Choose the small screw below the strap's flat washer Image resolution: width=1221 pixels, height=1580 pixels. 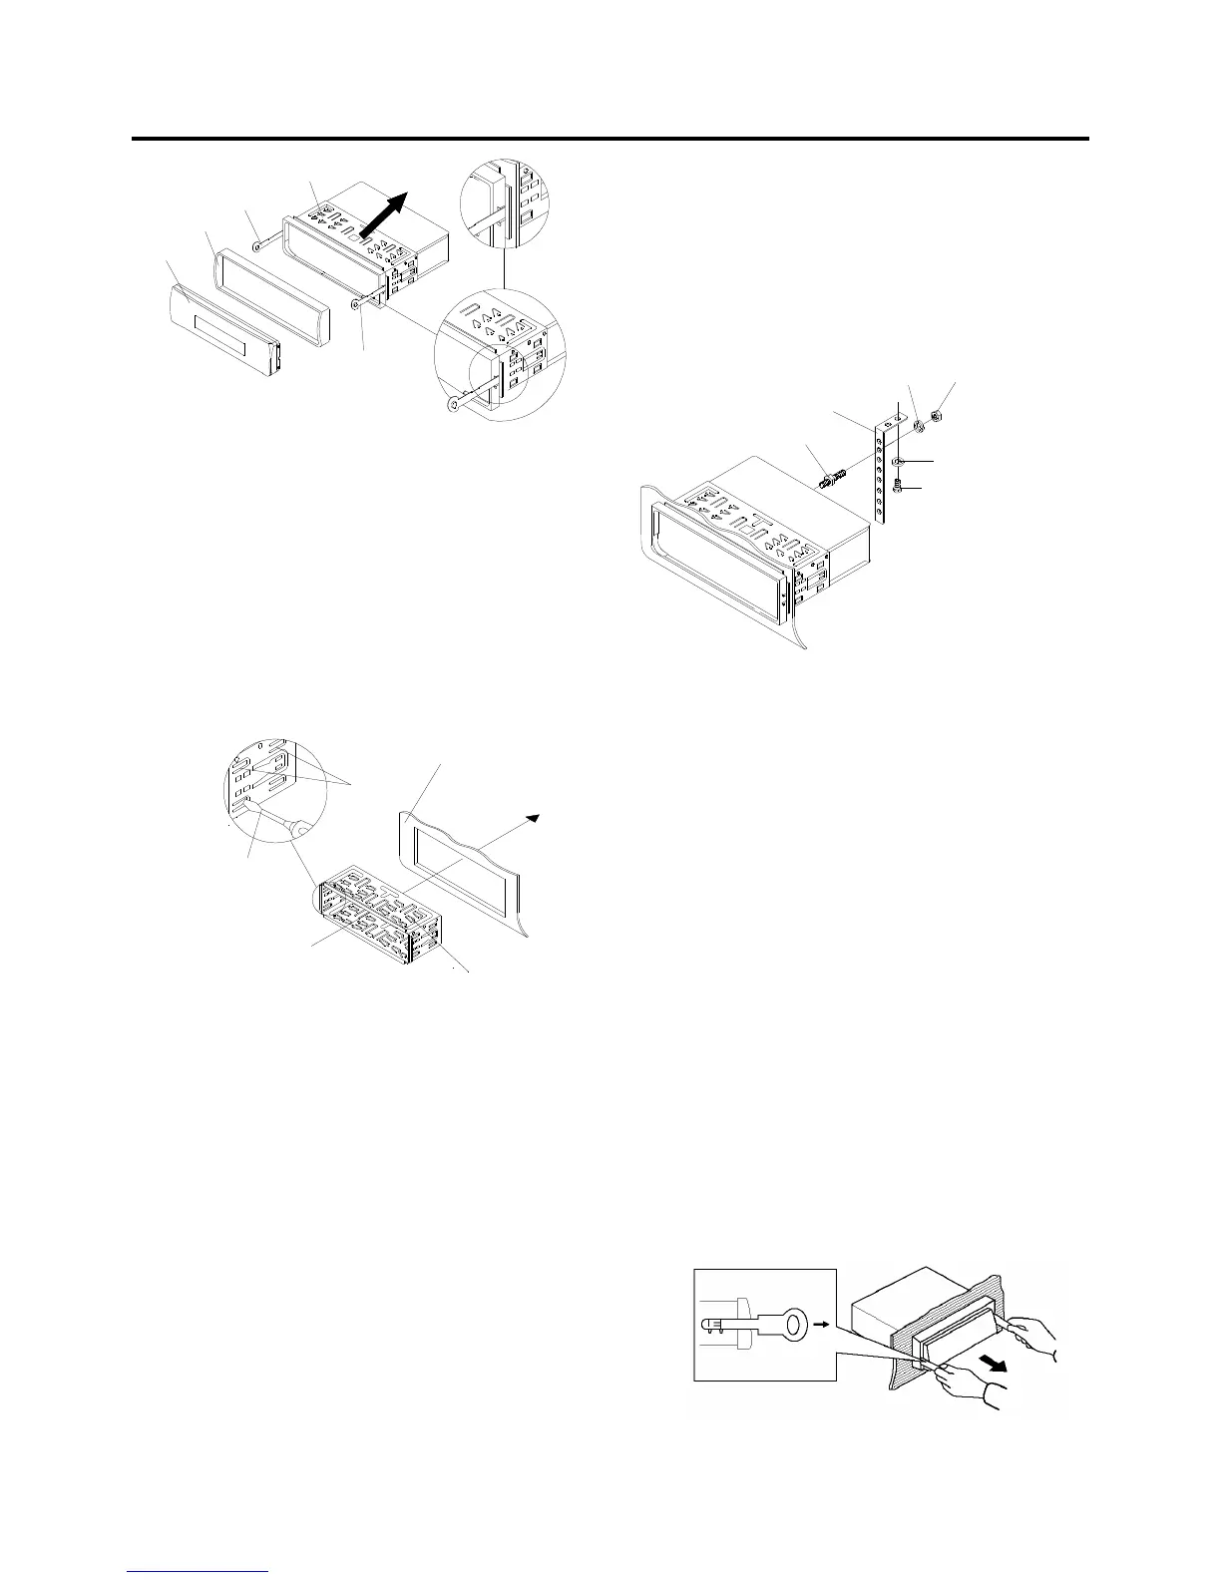(x=899, y=486)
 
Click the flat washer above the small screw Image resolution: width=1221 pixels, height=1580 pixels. (x=899, y=461)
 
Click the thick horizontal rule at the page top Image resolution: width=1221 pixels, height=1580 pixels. (x=610, y=140)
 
